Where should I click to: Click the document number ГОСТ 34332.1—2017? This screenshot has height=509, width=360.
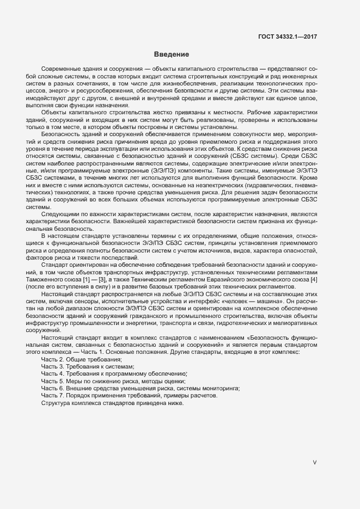[x=288, y=36]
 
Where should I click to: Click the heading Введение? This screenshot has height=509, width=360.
[x=172, y=54]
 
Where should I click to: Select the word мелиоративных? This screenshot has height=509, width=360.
[x=295, y=322]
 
